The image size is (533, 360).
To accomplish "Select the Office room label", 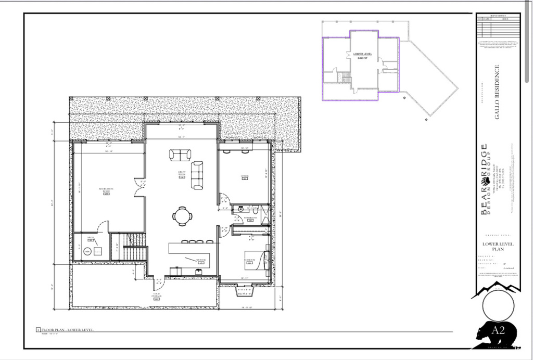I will (244, 177).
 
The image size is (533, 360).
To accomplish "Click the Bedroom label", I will (250, 260).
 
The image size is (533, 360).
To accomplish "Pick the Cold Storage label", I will (156, 296).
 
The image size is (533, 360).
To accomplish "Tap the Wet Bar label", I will (200, 260).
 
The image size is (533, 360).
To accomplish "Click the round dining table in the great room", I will (182, 215).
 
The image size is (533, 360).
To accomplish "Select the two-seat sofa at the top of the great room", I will (180, 155).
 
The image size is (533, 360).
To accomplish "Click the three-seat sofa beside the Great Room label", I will (197, 175).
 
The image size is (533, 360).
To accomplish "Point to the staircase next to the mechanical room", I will (135, 247).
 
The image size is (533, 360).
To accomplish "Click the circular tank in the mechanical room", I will (87, 252).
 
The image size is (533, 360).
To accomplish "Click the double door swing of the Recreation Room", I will (140, 188).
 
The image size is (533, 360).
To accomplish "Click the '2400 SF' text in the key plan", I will (362, 58).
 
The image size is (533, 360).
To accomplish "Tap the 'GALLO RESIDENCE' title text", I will (497, 92).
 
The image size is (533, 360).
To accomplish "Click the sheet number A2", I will (498, 330).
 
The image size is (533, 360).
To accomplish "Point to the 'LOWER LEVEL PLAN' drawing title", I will (498, 246).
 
